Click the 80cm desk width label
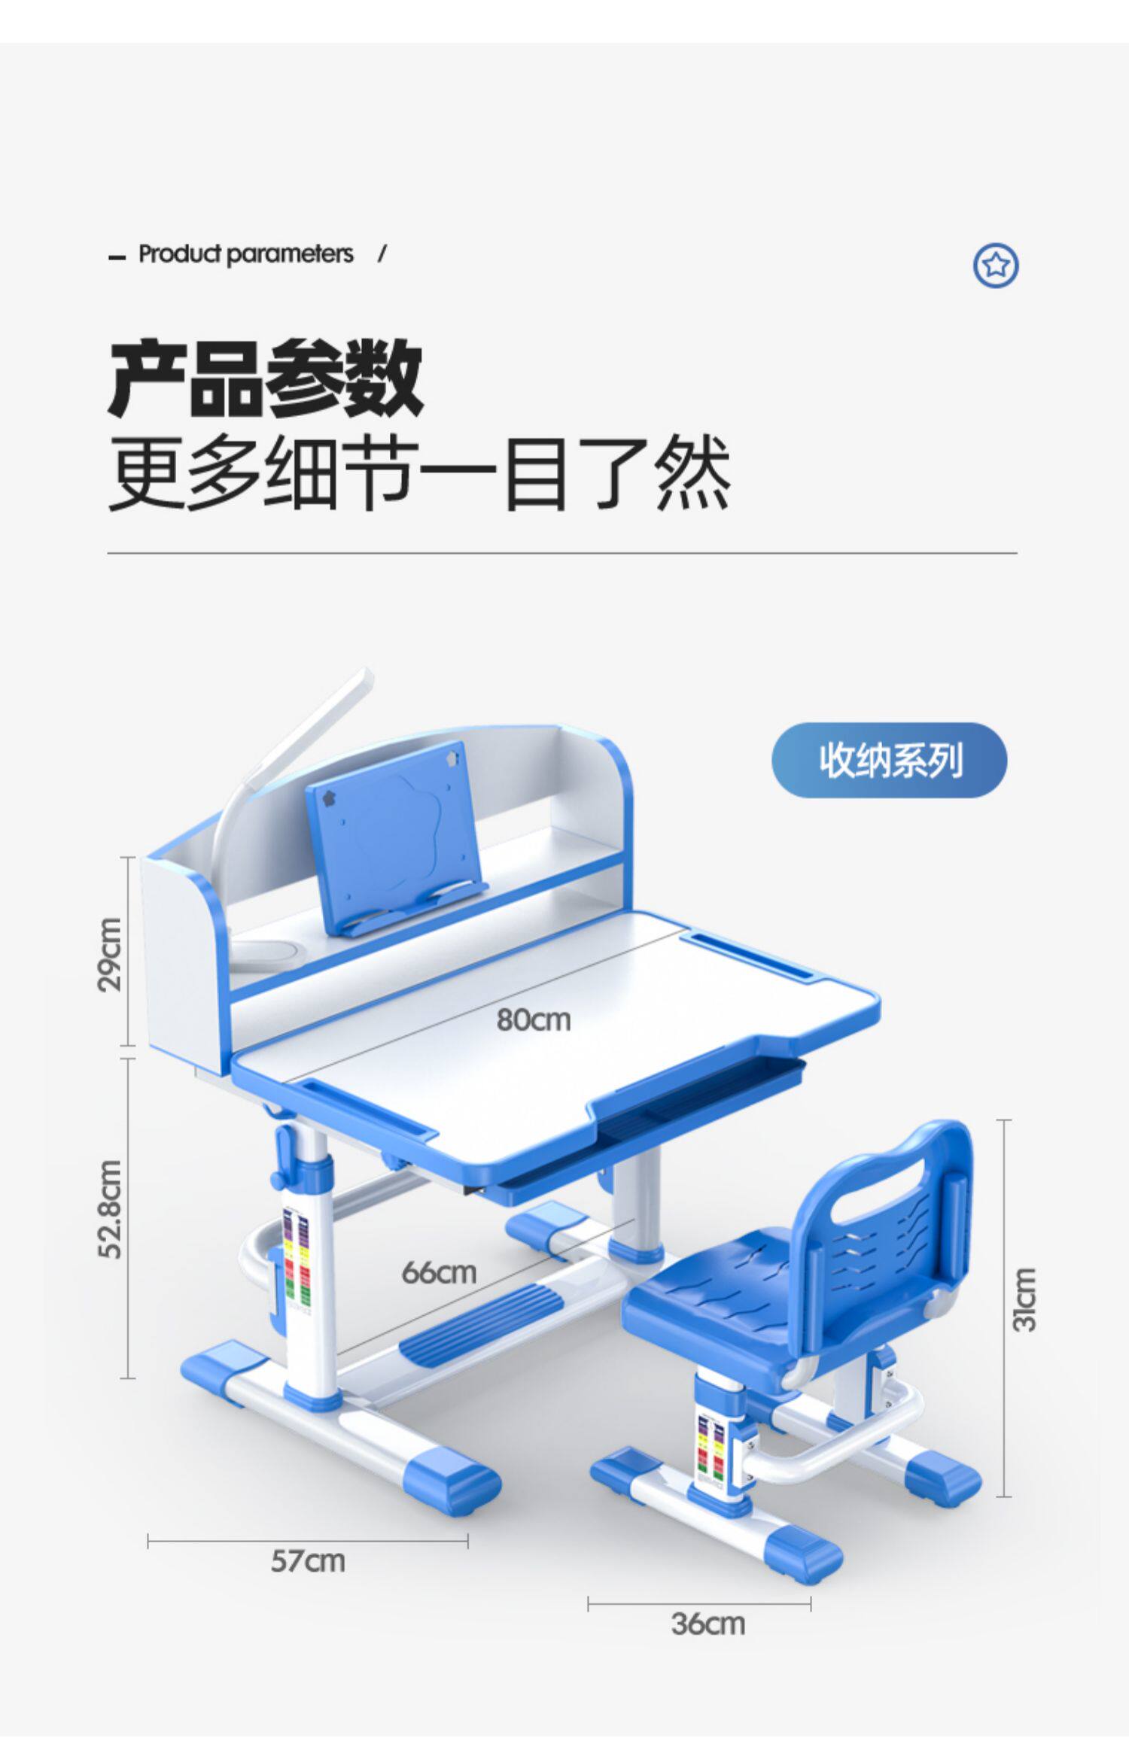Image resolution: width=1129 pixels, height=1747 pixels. coord(533,1020)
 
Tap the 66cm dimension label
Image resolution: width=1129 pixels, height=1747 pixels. coord(439,1272)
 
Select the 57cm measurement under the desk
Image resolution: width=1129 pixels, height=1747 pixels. coord(308,1561)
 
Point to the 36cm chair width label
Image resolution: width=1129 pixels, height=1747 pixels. coord(708,1624)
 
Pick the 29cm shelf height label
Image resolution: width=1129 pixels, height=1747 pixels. coord(110,954)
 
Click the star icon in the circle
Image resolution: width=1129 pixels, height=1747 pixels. coord(995,265)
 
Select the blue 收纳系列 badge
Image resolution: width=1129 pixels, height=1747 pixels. coord(889,760)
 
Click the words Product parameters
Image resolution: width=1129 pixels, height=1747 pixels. coord(245,254)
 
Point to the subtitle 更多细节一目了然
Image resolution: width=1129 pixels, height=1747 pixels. coord(419,474)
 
